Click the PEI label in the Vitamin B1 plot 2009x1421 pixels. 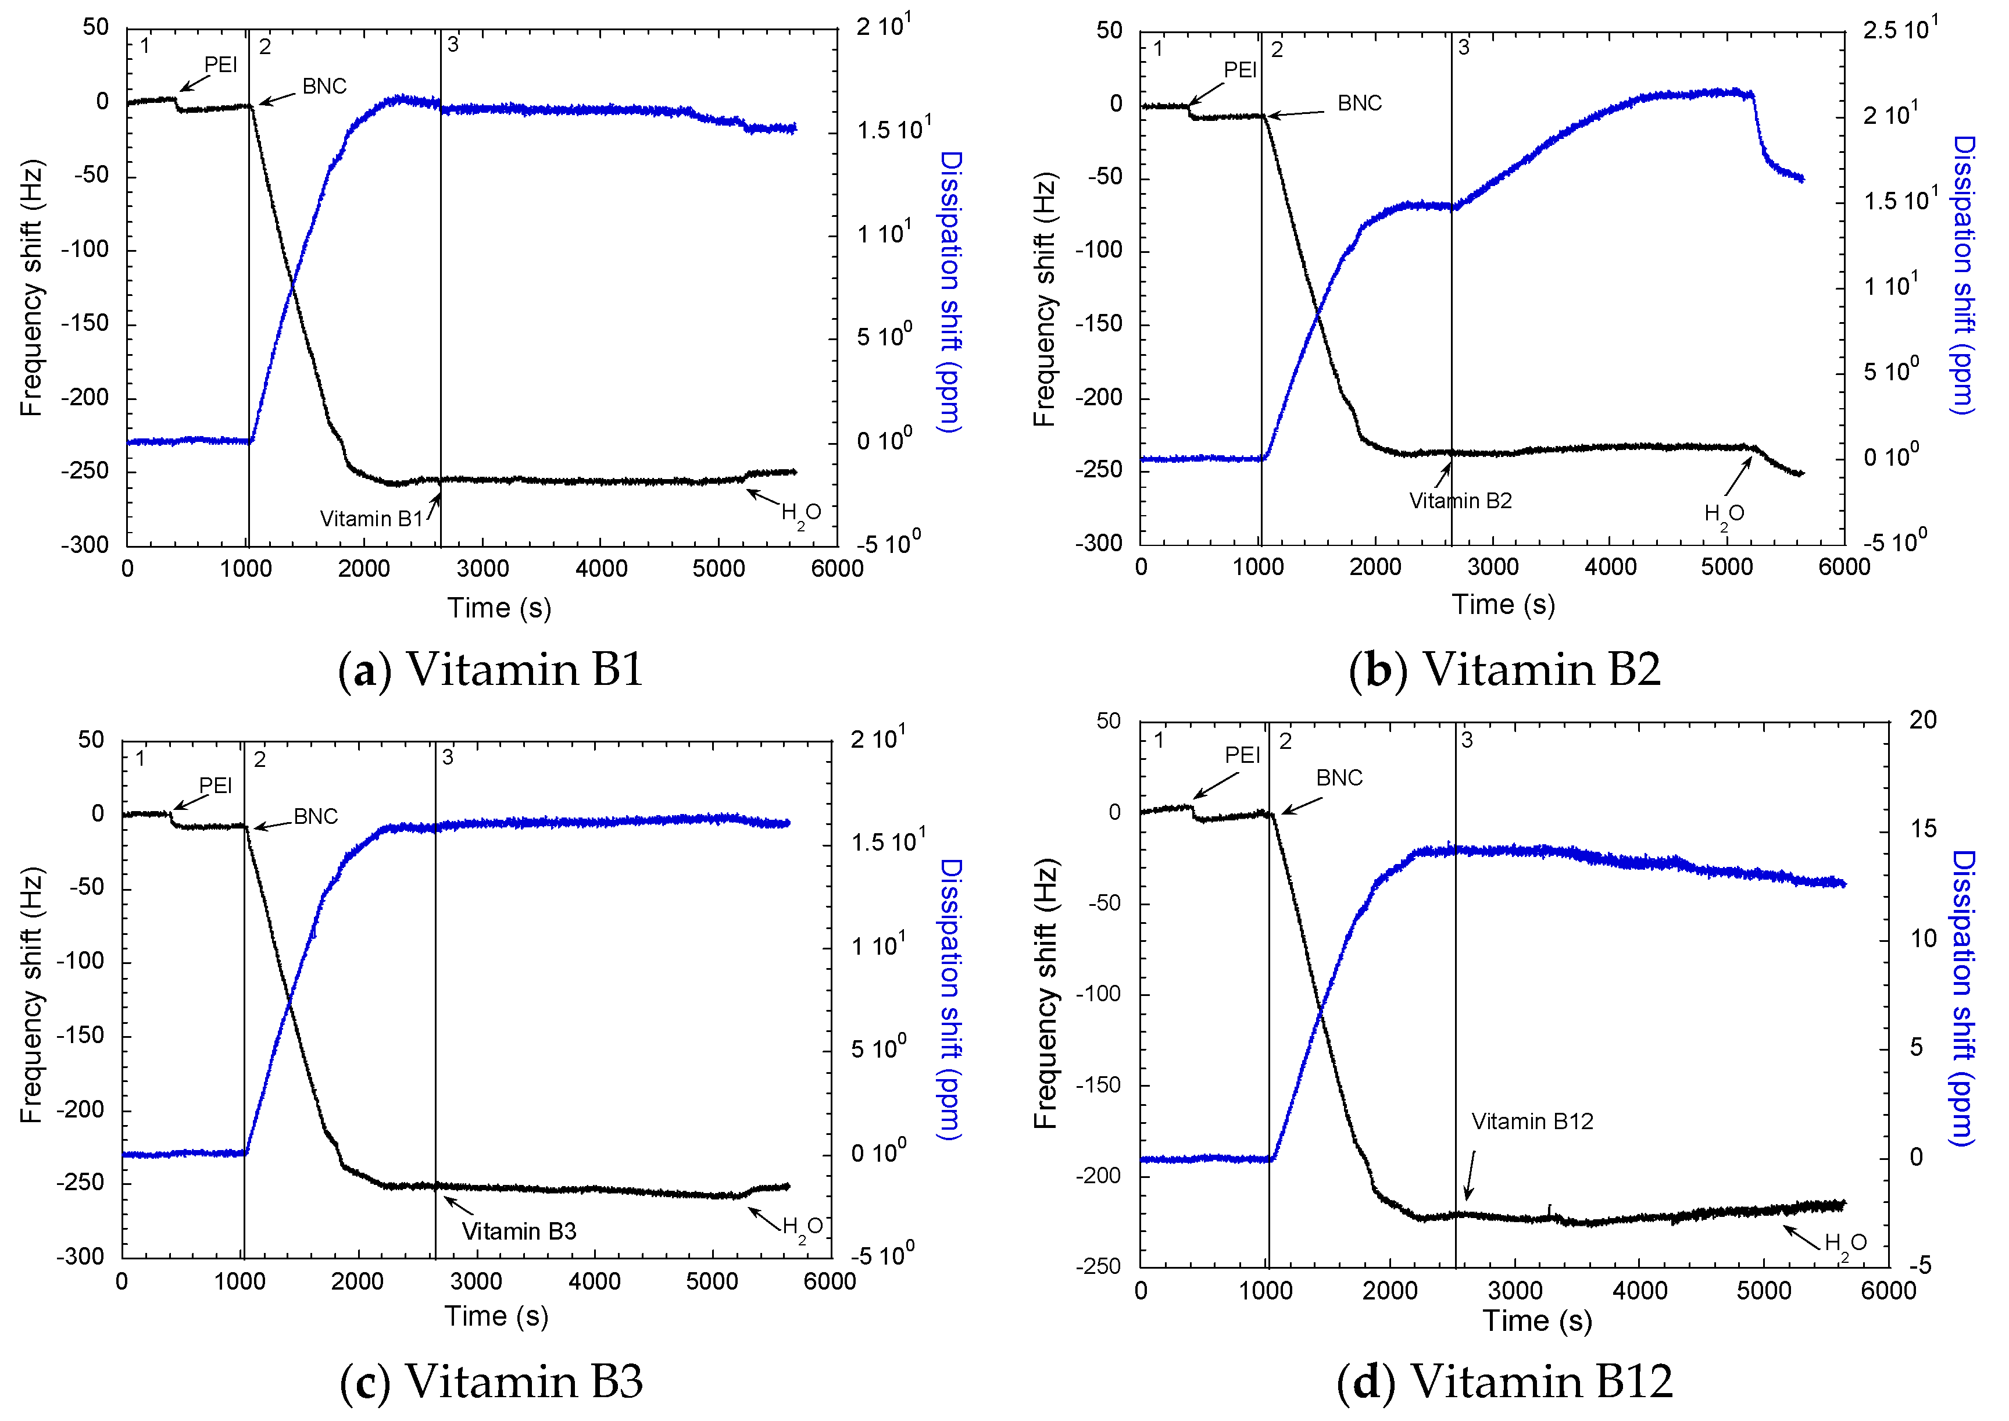(x=220, y=64)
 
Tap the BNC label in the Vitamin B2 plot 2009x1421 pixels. (x=1359, y=103)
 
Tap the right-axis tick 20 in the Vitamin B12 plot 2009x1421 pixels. (x=1922, y=720)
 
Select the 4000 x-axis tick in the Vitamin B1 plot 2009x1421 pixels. (x=601, y=569)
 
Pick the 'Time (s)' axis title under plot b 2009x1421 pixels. (x=1503, y=605)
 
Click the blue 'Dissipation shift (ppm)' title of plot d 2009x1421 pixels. (x=1962, y=998)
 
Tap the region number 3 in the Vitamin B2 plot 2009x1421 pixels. (x=1463, y=47)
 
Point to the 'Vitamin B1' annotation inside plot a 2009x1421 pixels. (x=371, y=519)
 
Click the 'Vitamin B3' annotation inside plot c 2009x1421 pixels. (x=519, y=1232)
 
